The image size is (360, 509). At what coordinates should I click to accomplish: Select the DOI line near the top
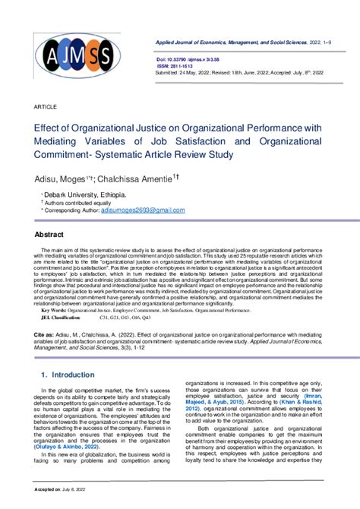tap(194, 58)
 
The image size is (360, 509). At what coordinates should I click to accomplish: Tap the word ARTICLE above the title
tap(46, 107)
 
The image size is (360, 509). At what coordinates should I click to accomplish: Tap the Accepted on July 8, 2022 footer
tap(61, 502)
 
